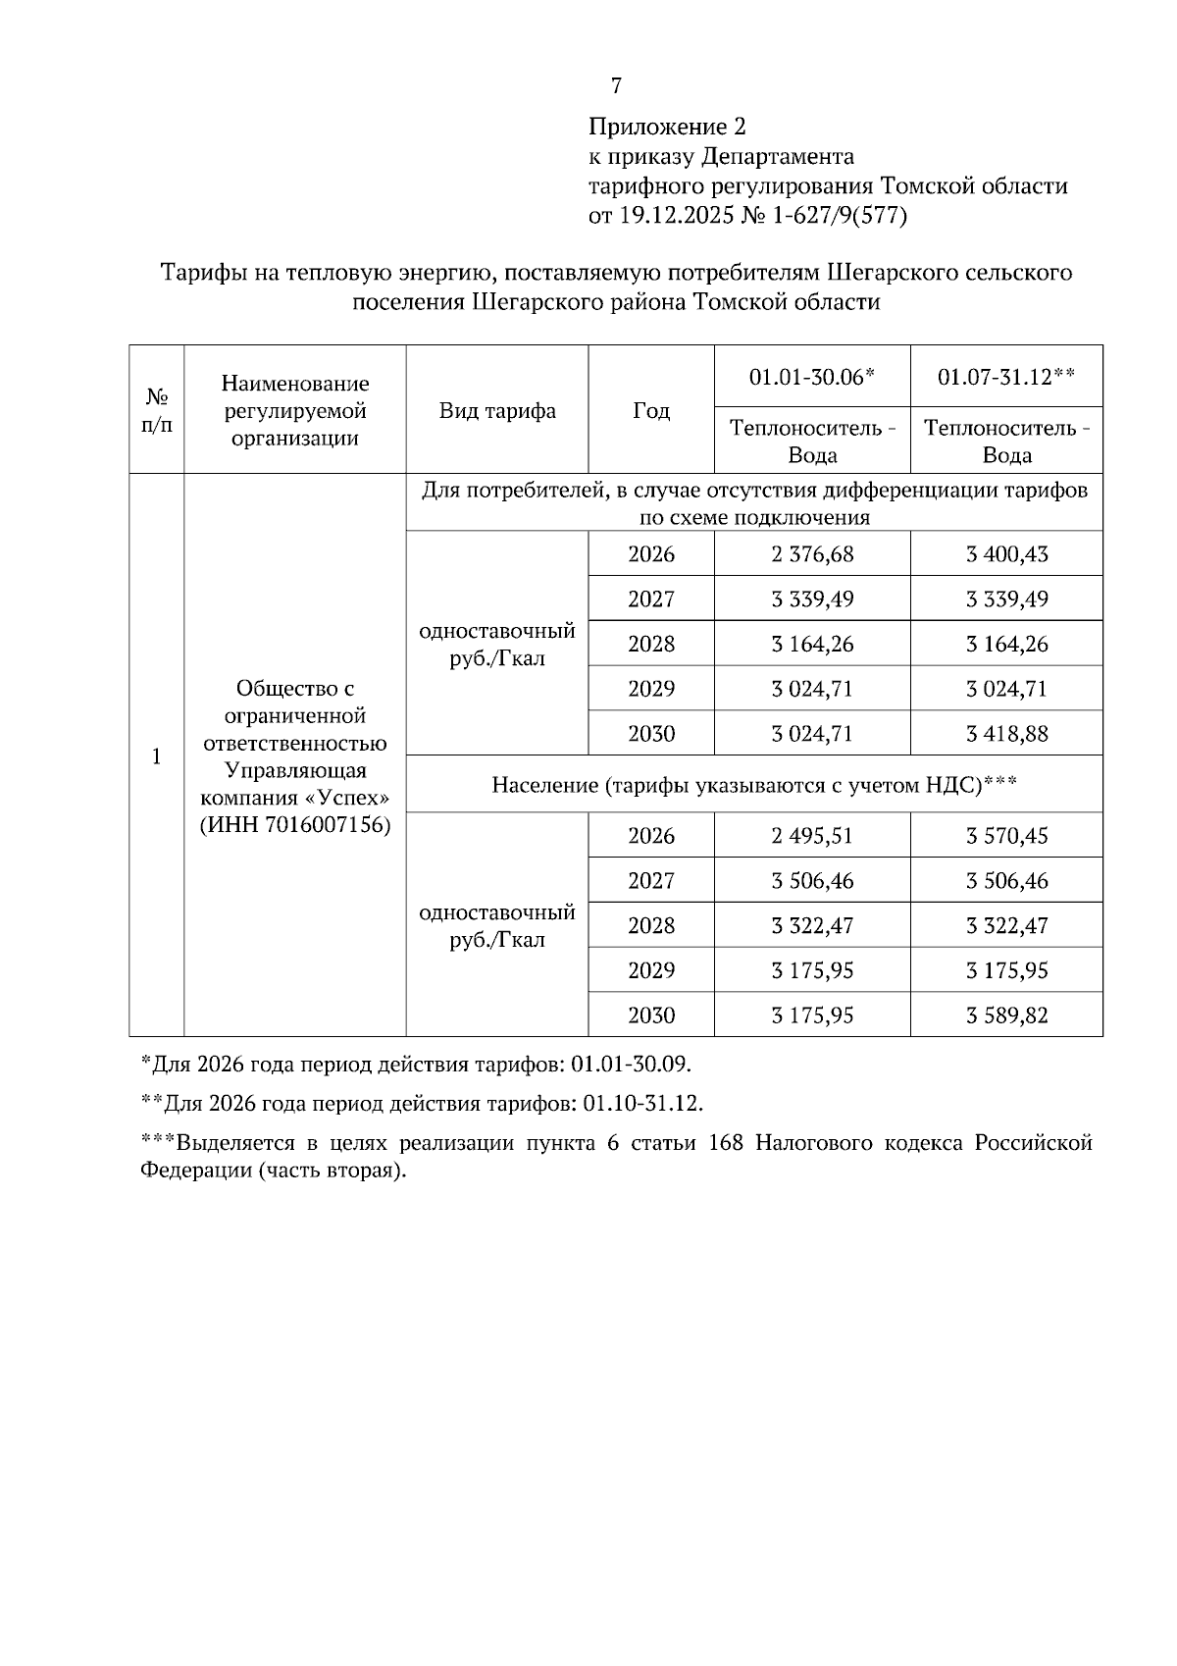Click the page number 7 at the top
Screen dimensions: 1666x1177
pyautogui.click(x=616, y=86)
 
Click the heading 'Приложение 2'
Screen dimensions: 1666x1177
pyautogui.click(x=667, y=127)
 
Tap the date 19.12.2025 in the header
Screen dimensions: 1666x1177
pyautogui.click(x=674, y=216)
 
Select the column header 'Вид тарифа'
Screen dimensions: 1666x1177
pyautogui.click(x=496, y=410)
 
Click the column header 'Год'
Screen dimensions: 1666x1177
pyautogui.click(x=650, y=410)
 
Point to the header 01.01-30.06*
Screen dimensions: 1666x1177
pyautogui.click(x=811, y=377)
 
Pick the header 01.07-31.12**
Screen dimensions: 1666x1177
pyautogui.click(x=1005, y=377)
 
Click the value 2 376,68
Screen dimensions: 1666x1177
pyautogui.click(x=811, y=554)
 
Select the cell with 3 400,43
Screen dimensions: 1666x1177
pyautogui.click(x=1005, y=554)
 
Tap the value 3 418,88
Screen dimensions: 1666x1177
pyautogui.click(x=1005, y=734)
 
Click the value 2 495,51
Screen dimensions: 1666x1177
pyautogui.click(x=811, y=836)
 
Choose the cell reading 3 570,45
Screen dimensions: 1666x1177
pyautogui.click(x=1005, y=836)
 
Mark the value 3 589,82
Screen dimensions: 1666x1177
pyautogui.click(x=1005, y=1015)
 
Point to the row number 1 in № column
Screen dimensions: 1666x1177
pyautogui.click(x=156, y=756)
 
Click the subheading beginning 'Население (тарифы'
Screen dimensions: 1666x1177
pyautogui.click(x=753, y=785)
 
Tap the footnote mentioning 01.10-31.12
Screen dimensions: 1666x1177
pyautogui.click(x=423, y=1103)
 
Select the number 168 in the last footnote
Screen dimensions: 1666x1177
pyautogui.click(x=725, y=1144)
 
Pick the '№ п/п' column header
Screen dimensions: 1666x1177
pyautogui.click(x=156, y=410)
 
